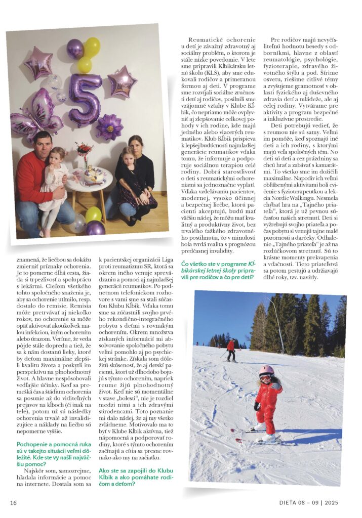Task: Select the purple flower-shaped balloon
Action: click(110, 126)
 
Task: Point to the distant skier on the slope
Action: click(230, 349)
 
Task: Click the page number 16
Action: click(14, 502)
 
